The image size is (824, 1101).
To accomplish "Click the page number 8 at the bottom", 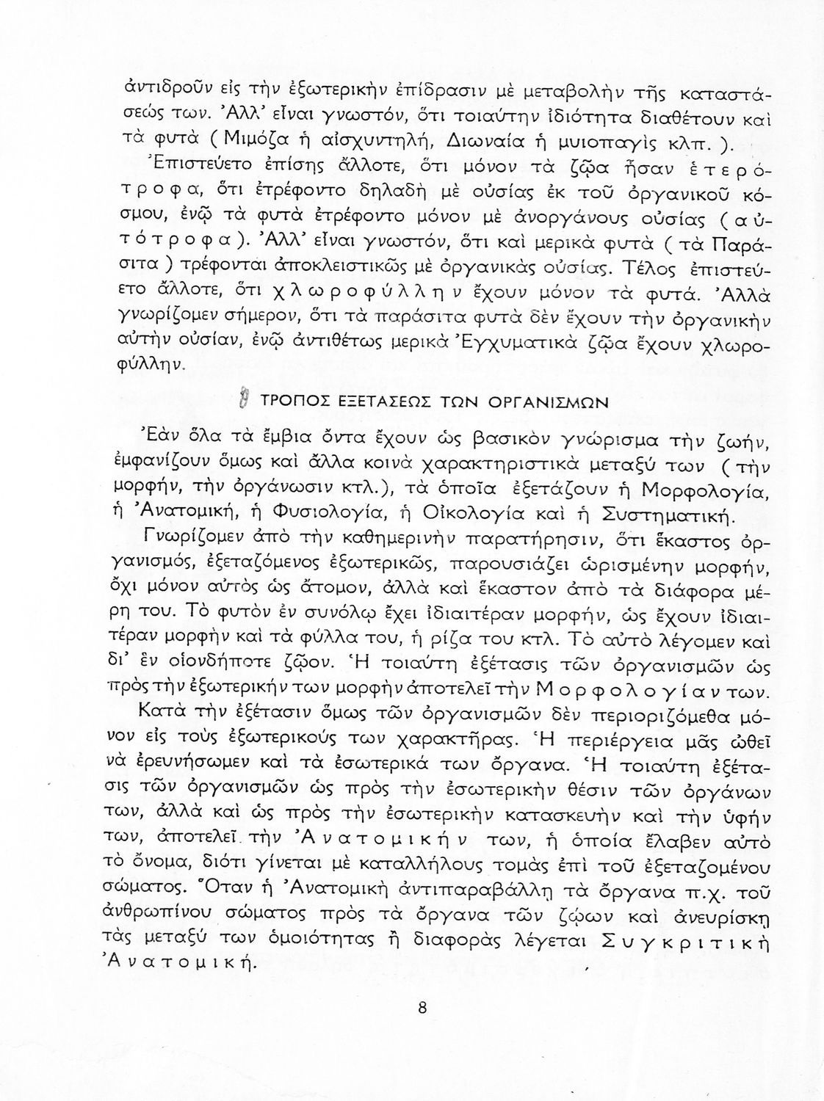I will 422,1007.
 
